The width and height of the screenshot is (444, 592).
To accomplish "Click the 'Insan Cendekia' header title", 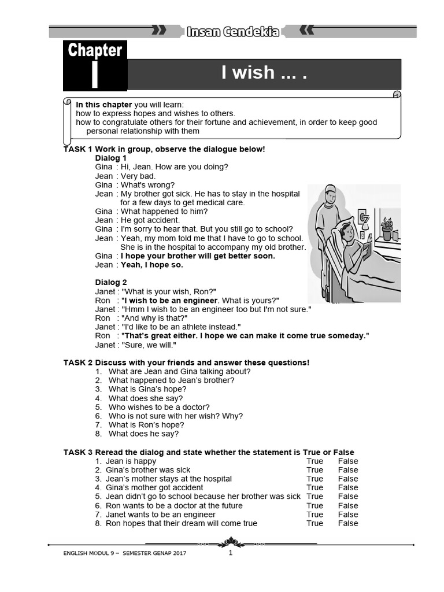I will tap(233, 32).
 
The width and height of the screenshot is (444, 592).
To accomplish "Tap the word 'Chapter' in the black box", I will tap(95, 50).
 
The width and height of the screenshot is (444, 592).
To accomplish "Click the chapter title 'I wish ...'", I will tap(263, 73).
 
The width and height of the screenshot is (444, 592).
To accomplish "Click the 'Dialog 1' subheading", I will tap(111, 158).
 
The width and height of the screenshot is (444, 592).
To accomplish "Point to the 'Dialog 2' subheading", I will tap(111, 283).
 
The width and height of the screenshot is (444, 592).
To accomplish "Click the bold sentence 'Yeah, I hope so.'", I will tap(152, 265).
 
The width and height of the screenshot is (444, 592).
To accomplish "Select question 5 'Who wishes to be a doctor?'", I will tap(159, 407).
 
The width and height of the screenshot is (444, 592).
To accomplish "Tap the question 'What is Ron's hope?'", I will tap(146, 425).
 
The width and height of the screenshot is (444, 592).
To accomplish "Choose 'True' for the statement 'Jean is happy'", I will tap(315, 461).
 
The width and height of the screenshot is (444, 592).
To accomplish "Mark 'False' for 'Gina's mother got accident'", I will tap(348, 488).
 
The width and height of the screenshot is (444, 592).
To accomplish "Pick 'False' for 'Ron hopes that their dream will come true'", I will tap(348, 523).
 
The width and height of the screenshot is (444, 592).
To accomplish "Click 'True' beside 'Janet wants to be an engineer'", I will tap(315, 515).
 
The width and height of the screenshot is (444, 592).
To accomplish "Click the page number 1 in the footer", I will tap(230, 553).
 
